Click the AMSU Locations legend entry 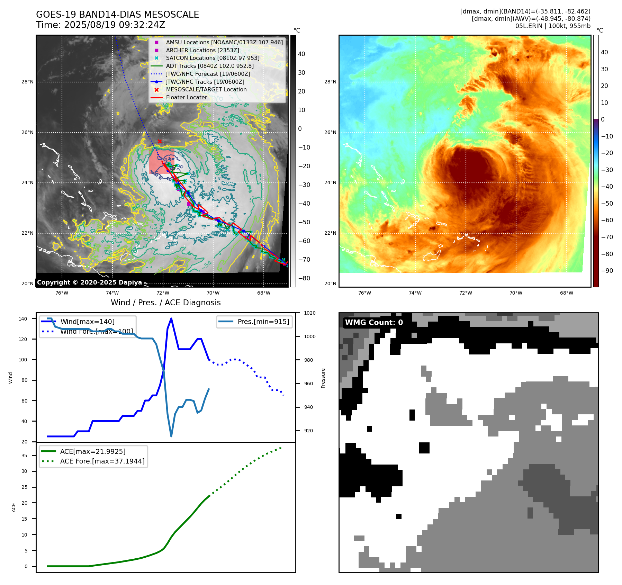224,42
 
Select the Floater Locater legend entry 186,97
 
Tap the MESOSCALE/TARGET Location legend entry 206,89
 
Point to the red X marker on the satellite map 160,141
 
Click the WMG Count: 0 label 374,323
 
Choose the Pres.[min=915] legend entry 263,322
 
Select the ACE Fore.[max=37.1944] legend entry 102,461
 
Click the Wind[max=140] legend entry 87,322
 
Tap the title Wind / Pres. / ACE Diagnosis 165,303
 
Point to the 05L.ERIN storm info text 552,26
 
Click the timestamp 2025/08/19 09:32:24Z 114,25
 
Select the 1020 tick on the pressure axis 309,313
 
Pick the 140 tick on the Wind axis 23,319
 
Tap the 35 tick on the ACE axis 24,456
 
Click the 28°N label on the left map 27,82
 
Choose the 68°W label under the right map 566,293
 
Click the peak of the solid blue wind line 171,318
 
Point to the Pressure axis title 323,378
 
